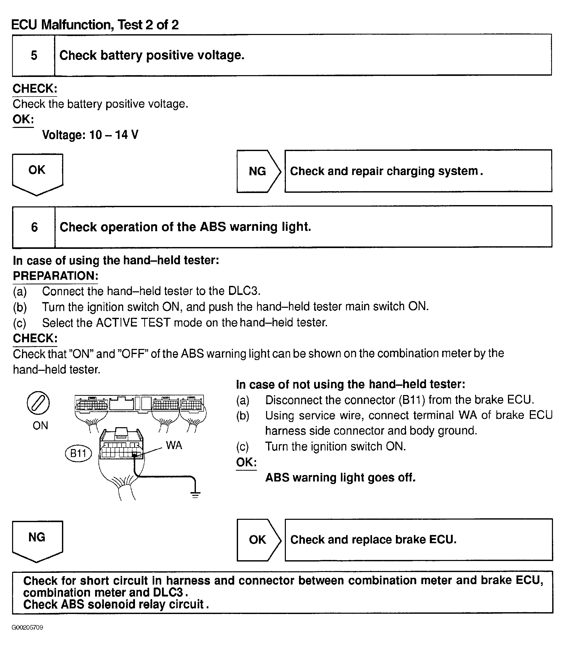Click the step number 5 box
point(34,55)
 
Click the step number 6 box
point(34,227)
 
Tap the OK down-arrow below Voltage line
point(37,173)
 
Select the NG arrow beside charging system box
point(258,171)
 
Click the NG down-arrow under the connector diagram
point(37,540)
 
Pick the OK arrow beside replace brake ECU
point(258,540)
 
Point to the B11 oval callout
point(78,453)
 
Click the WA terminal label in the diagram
point(174,445)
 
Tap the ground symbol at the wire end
point(195,495)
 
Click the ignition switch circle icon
point(38,403)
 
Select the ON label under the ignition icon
point(40,426)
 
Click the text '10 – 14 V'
point(114,135)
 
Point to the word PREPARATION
point(56,276)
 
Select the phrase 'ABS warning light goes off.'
point(340,477)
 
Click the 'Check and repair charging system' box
point(418,171)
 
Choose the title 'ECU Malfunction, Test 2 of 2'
point(95,24)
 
